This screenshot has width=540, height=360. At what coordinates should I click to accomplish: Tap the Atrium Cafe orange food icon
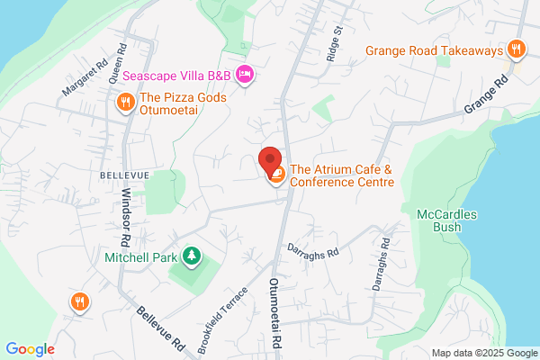coord(276,175)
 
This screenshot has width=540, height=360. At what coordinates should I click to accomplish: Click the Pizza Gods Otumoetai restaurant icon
coord(125,102)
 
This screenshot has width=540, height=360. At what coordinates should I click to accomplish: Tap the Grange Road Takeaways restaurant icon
coord(516,49)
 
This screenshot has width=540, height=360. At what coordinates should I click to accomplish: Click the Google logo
coord(30,349)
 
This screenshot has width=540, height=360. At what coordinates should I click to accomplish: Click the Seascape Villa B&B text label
coord(176,76)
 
